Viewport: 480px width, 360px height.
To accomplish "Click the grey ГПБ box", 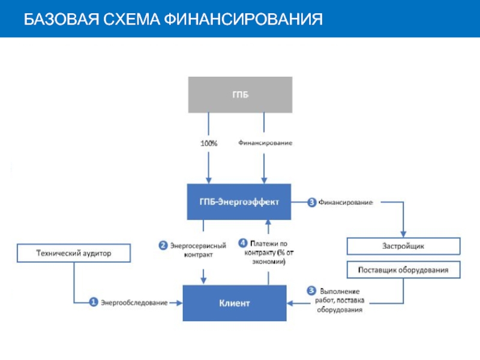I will coord(240,94).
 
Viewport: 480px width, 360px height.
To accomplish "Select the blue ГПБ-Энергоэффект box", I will coord(239,202).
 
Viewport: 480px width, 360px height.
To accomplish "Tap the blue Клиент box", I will coord(234,303).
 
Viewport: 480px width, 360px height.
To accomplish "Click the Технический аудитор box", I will coord(74,254).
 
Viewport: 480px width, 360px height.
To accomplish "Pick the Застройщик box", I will coord(403,246).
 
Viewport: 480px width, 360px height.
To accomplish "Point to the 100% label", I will coord(208,143).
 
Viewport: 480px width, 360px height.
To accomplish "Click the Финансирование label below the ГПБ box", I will coord(265,143).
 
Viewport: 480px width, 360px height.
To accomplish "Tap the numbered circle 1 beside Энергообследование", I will coord(94,302).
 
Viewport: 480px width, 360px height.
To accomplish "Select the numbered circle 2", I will coord(163,245).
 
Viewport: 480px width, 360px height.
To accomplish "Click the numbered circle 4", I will coord(243,243).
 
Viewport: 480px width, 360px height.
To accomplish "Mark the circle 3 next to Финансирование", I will coord(311,202).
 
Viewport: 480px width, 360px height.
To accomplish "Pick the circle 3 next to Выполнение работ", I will coord(311,291).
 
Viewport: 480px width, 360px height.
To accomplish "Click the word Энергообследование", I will coord(134,303).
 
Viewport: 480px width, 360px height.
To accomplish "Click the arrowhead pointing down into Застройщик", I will coord(403,233).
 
